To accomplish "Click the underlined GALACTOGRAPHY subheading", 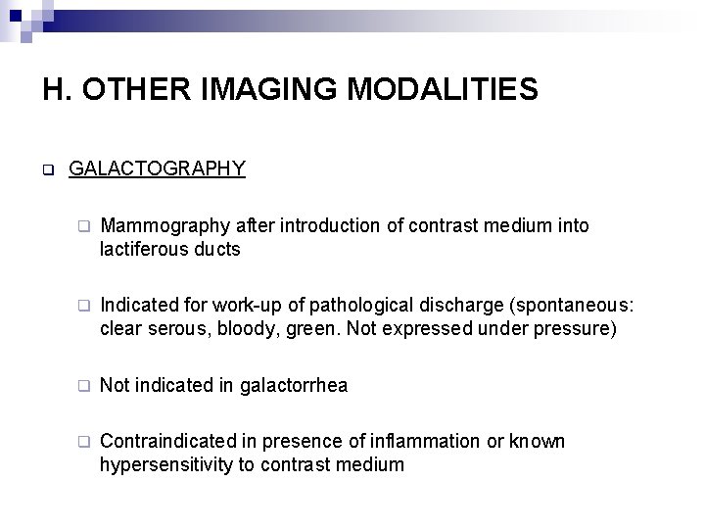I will (x=157, y=168).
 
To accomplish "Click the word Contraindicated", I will (x=166, y=441).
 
